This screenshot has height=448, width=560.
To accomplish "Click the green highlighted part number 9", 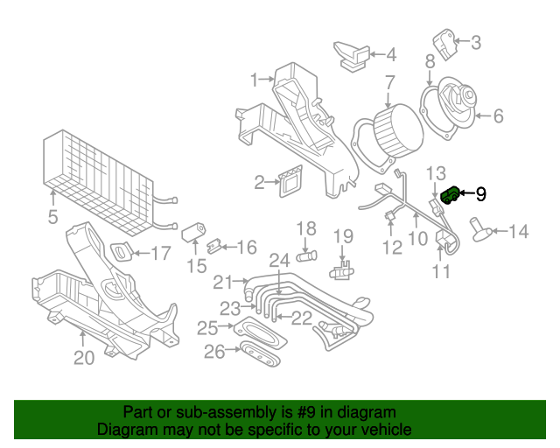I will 451,195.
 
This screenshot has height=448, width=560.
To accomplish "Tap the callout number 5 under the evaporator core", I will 52,216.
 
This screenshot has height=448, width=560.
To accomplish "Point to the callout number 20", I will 83,357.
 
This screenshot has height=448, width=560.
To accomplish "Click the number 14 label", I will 518,232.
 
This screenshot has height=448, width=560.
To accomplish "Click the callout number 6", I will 498,115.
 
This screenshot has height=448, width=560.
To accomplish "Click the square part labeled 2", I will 290,183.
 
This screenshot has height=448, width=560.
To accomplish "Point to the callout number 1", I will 255,80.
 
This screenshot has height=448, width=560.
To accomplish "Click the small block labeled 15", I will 192,233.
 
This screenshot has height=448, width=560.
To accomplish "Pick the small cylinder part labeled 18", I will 305,255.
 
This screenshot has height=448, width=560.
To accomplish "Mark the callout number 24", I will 278,260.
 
